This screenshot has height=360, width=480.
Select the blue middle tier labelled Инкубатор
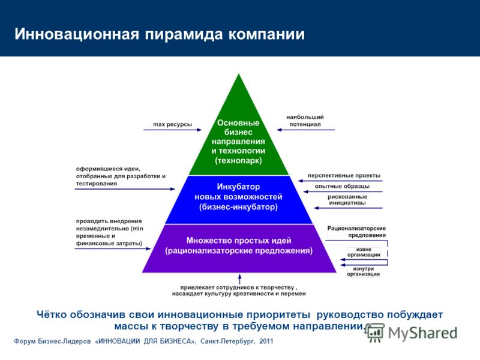click(x=238, y=200)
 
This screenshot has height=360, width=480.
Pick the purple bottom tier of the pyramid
click(x=239, y=248)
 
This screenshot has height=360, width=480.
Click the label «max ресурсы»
click(x=172, y=124)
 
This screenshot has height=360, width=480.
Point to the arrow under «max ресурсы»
click(x=173, y=130)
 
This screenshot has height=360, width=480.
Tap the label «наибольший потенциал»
click(x=305, y=121)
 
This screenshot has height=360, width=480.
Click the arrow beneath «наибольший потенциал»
click(x=305, y=130)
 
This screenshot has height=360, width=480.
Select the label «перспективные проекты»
click(x=344, y=175)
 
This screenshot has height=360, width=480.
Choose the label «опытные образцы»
click(x=342, y=186)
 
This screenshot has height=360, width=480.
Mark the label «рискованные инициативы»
click(x=347, y=200)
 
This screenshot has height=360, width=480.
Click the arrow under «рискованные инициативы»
click(x=348, y=208)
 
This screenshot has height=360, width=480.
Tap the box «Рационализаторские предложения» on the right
click(x=356, y=232)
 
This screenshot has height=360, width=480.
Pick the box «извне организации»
click(x=364, y=252)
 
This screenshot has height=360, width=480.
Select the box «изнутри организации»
click(x=364, y=271)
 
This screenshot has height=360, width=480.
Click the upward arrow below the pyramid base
click(x=239, y=279)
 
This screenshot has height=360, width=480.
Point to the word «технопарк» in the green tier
click(x=238, y=161)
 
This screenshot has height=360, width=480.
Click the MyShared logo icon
click(x=374, y=332)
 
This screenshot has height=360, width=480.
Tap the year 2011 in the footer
click(x=266, y=341)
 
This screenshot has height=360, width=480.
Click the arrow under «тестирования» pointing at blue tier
click(x=125, y=189)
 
